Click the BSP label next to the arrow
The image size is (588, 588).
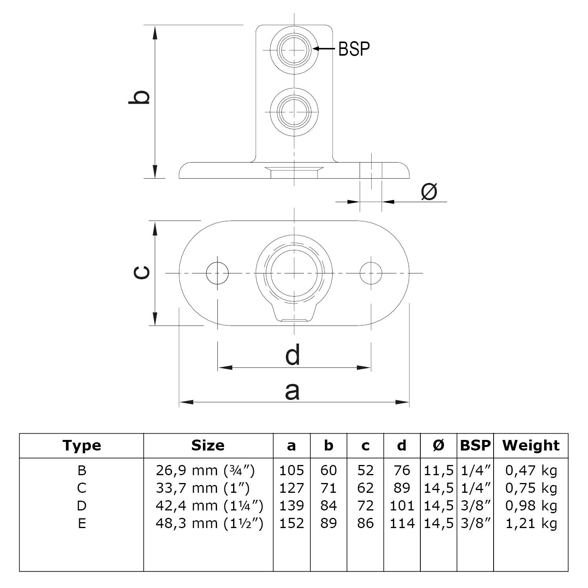tap(354, 49)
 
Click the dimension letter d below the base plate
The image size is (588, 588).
tap(293, 355)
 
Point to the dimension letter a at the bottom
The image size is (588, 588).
tap(292, 391)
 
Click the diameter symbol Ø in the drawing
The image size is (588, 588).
tap(429, 192)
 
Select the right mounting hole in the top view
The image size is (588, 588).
tap(371, 273)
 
